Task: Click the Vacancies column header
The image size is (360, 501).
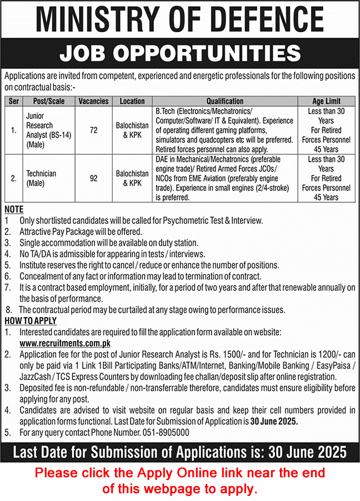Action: [93, 101]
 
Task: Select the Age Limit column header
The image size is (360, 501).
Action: [326, 101]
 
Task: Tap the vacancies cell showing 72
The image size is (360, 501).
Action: [93, 130]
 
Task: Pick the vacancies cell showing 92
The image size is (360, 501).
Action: [93, 179]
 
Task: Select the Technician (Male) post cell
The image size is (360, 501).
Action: [41, 179]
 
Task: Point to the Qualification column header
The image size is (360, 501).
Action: [224, 101]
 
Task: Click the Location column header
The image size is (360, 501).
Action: [132, 101]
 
